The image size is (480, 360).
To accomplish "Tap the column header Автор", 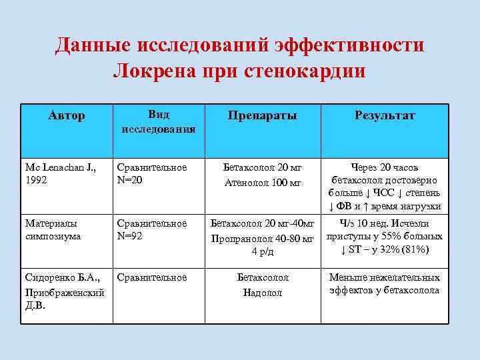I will coord(67,116).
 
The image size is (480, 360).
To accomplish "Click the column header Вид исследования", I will coord(158,121).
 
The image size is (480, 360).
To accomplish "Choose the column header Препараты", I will coord(262,116).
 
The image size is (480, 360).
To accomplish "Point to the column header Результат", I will coord(385,116).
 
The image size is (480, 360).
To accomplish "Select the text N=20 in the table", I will coord(131,180).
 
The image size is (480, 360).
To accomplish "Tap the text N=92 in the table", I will coord(131,236).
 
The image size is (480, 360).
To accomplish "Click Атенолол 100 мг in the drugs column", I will coord(263,182).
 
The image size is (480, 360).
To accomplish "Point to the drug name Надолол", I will coord(263,293).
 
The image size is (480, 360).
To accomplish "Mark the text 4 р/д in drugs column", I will coord(263,251).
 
